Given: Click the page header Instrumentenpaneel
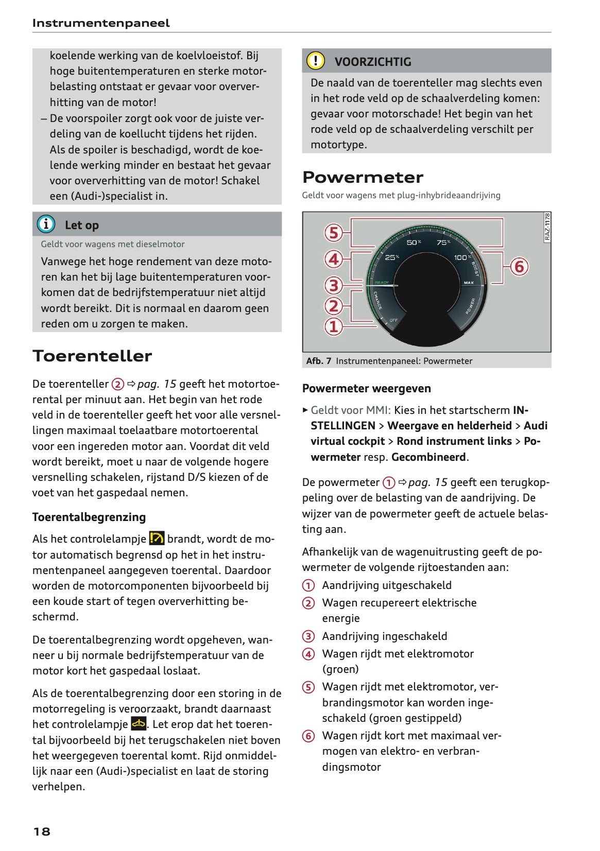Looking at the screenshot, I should pyautogui.click(x=100, y=23).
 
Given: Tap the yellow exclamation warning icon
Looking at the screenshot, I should pyautogui.click(x=315, y=61).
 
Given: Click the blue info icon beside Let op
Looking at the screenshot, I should pyautogui.click(x=46, y=224).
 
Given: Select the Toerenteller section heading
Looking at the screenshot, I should pyautogui.click(x=92, y=356).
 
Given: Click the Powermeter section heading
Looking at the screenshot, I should pyautogui.click(x=363, y=177).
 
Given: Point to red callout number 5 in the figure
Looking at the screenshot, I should pyautogui.click(x=334, y=233).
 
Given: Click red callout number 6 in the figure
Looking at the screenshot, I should pyautogui.click(x=519, y=266).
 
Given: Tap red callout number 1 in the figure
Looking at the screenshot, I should pyautogui.click(x=334, y=326).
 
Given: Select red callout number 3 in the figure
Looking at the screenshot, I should pyautogui.click(x=334, y=285).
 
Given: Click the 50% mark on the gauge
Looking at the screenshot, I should pyautogui.click(x=414, y=242).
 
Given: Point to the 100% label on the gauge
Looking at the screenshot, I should pyautogui.click(x=462, y=257).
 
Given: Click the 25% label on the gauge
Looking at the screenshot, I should pyautogui.click(x=392, y=257).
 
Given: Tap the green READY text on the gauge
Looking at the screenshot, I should pyautogui.click(x=382, y=283).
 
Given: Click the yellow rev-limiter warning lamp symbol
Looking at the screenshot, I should pyautogui.click(x=157, y=539).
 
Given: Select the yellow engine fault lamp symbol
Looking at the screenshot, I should pyautogui.click(x=139, y=724).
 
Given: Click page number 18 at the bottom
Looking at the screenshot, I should pyautogui.click(x=42, y=831).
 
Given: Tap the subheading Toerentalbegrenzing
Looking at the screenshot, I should pyautogui.click(x=89, y=517).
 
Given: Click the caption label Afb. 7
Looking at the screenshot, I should pyautogui.click(x=318, y=361).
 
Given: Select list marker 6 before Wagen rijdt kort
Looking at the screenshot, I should pyautogui.click(x=308, y=736).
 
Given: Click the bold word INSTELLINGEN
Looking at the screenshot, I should pyautogui.click(x=342, y=426).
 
